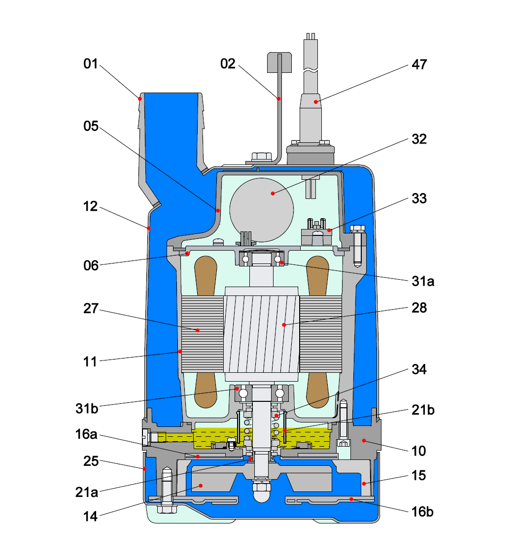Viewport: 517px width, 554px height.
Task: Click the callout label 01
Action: [x=91, y=65]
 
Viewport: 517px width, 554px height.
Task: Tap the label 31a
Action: [x=423, y=282]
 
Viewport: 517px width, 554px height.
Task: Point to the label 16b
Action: [x=422, y=512]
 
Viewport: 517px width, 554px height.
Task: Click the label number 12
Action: [x=91, y=207]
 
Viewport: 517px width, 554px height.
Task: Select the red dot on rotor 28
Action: [x=284, y=325]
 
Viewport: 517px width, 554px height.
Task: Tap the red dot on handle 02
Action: [x=278, y=99]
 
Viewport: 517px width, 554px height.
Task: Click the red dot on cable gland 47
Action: [x=317, y=102]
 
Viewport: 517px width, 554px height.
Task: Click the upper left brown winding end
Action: [x=206, y=276]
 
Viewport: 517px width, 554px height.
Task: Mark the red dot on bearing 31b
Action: [x=237, y=389]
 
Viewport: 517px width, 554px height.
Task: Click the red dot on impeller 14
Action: [x=201, y=486]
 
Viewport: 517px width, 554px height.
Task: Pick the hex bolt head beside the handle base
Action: [x=261, y=157]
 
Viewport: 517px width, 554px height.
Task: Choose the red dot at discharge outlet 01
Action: [x=140, y=99]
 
